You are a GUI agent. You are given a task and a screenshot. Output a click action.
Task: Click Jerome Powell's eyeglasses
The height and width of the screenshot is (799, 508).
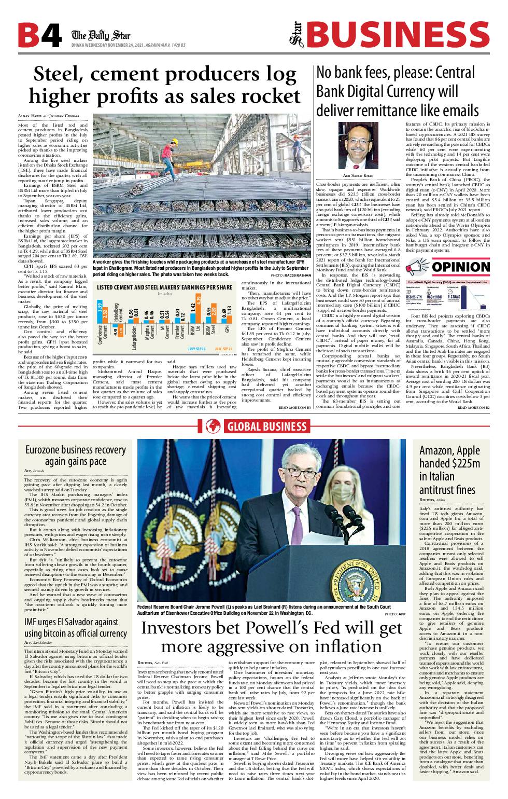tap(302, 473)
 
